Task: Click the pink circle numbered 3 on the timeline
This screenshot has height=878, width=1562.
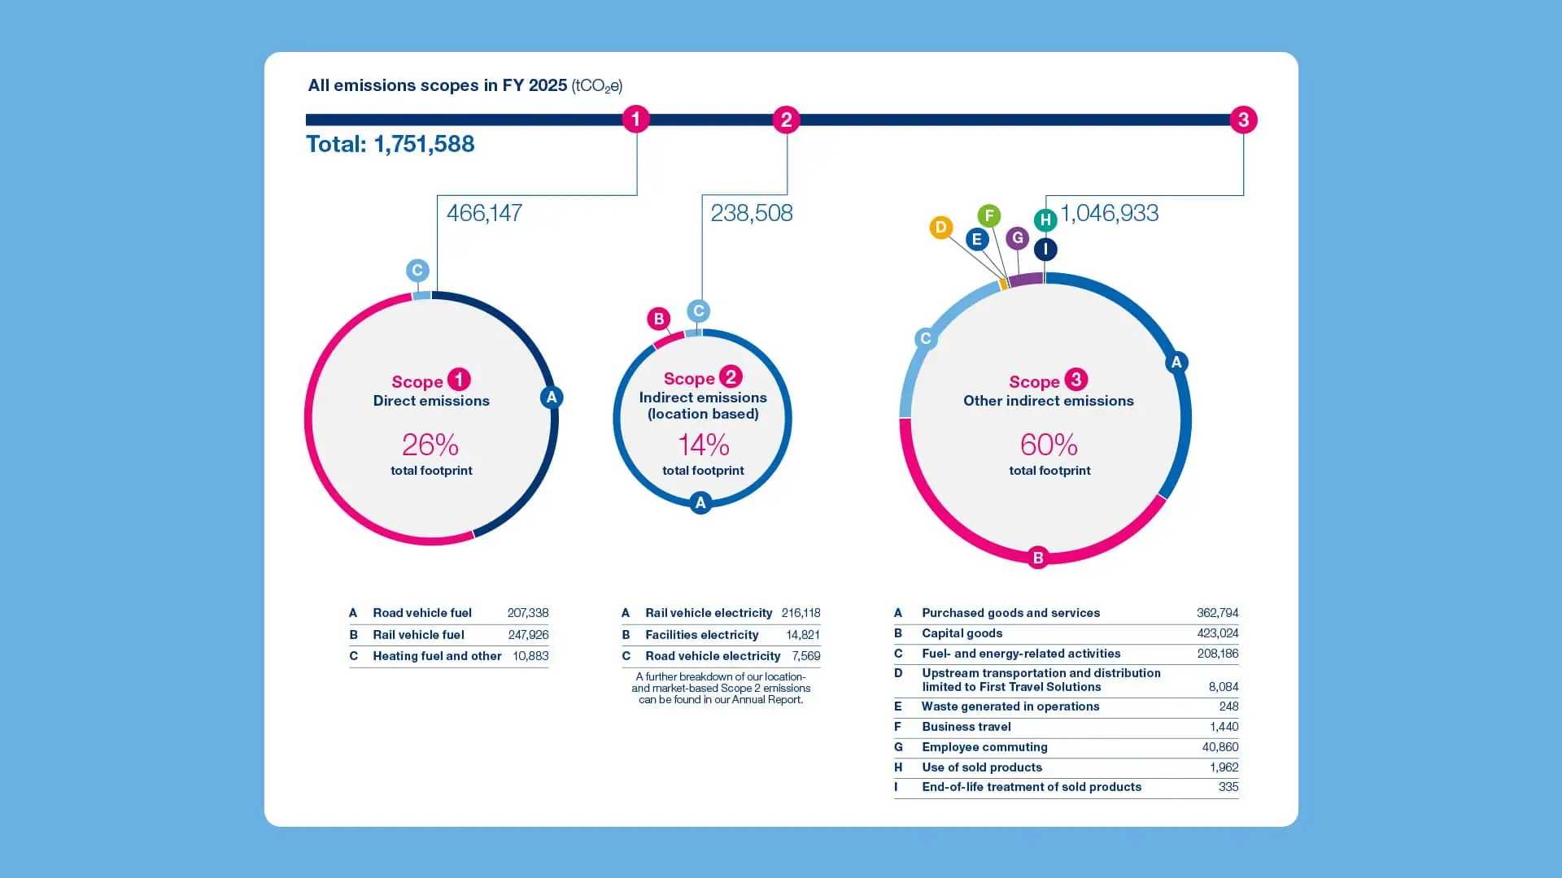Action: [1243, 120]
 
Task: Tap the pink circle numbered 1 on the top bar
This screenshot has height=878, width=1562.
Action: [636, 120]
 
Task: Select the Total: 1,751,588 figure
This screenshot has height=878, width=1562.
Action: [390, 144]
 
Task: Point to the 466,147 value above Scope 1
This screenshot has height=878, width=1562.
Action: [484, 213]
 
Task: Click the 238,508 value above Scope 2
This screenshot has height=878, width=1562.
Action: [751, 213]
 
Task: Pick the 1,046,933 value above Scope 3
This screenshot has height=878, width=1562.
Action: [1110, 213]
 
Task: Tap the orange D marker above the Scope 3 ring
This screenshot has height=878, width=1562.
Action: [940, 228]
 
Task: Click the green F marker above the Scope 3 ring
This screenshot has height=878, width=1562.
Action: [988, 215]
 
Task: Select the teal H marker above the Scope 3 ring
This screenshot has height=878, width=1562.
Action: [1045, 219]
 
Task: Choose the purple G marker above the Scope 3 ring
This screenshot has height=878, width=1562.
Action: [1017, 238]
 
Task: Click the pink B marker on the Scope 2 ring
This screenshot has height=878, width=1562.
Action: [659, 319]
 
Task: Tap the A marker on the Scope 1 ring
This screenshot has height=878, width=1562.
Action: [552, 398]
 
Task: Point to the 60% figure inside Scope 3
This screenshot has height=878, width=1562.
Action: [1049, 445]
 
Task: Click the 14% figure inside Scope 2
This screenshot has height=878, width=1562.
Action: [703, 445]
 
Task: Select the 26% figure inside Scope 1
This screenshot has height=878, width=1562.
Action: [430, 445]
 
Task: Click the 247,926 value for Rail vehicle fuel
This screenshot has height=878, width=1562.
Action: [528, 635]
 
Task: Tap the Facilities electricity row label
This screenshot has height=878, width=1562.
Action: [701, 635]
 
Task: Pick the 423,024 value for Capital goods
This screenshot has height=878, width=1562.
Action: [1217, 633]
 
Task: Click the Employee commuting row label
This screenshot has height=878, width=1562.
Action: [984, 747]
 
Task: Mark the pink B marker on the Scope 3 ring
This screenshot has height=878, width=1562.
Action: [1037, 558]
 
